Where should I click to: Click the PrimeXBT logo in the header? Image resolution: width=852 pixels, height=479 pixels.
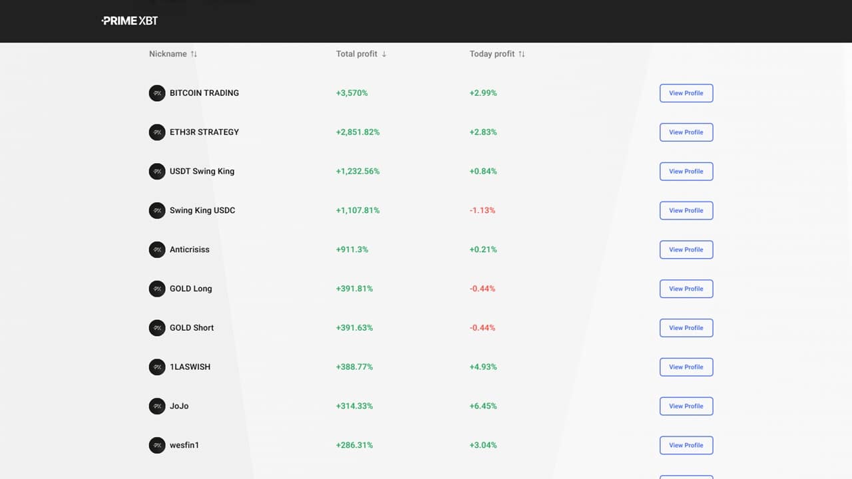(x=130, y=21)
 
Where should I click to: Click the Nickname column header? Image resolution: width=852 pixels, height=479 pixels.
(x=168, y=54)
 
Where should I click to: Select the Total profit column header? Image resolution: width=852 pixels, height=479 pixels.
(x=357, y=54)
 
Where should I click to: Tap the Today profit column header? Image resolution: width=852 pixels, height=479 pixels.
(x=492, y=54)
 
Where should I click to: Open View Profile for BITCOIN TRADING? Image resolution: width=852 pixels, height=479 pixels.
(x=686, y=93)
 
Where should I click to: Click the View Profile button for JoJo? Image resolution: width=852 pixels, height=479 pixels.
(x=686, y=406)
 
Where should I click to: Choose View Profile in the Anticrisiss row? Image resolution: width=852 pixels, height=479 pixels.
(x=686, y=249)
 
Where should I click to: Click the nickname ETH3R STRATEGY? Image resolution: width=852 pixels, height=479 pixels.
(x=204, y=132)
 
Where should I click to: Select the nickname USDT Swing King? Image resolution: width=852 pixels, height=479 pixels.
(x=202, y=171)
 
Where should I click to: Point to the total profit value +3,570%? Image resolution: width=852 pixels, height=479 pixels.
(x=351, y=93)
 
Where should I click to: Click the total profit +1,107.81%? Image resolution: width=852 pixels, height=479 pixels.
(x=357, y=210)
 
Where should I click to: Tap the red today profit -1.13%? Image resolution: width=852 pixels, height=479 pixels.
(x=483, y=210)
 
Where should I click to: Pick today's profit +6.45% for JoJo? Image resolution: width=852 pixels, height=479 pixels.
(x=483, y=406)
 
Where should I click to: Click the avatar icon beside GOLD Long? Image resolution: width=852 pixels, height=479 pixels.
(x=157, y=289)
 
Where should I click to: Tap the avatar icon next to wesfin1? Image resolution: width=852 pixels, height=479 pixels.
(x=157, y=445)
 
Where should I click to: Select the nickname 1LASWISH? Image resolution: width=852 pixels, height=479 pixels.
(x=190, y=367)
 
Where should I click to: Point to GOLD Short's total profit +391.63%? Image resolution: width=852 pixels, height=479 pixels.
(x=354, y=328)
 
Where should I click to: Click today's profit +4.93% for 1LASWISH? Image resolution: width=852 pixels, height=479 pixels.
(x=483, y=367)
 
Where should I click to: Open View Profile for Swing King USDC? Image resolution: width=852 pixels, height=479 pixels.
(x=686, y=210)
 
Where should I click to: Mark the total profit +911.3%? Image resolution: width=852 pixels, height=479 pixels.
(x=351, y=249)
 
